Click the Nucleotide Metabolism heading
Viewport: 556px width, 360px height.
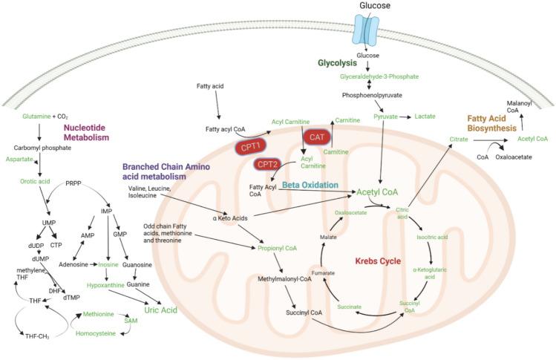tap(87, 131)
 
